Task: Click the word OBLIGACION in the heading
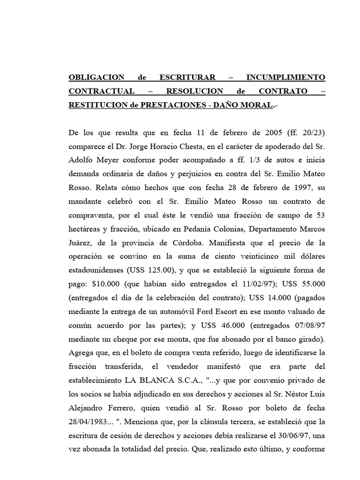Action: pos(97,77)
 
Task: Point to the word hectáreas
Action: pos(87,230)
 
